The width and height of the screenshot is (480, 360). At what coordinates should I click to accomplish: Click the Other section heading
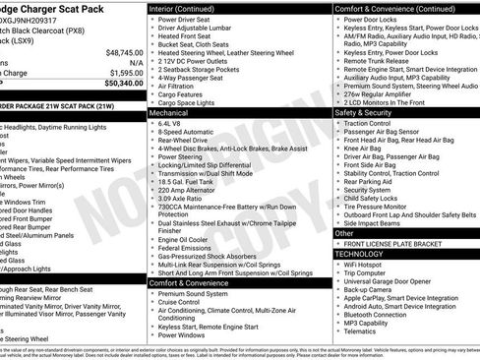(345, 233)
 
